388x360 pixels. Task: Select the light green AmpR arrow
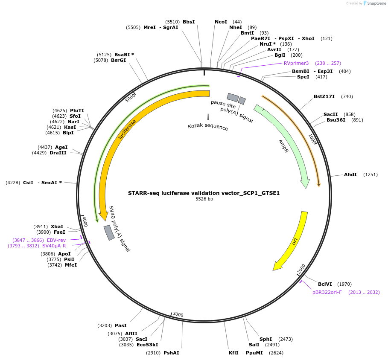click(x=286, y=145)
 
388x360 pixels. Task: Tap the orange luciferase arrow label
click(x=127, y=129)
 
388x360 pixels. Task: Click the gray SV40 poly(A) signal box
click(x=109, y=232)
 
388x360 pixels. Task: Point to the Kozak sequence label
click(x=208, y=127)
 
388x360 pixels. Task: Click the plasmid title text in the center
click(x=204, y=193)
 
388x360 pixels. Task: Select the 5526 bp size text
click(x=204, y=199)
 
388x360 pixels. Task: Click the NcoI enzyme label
click(x=221, y=22)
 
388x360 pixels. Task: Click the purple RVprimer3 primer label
click(x=296, y=63)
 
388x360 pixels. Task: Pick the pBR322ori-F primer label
click(x=327, y=292)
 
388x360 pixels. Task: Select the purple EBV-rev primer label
click(x=56, y=240)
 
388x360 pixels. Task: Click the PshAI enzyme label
click(x=171, y=353)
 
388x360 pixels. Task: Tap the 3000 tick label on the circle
click(x=178, y=315)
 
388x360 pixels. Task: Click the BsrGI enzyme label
click(x=118, y=60)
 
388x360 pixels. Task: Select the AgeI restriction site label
click(x=61, y=147)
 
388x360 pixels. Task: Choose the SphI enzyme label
click(x=265, y=339)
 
